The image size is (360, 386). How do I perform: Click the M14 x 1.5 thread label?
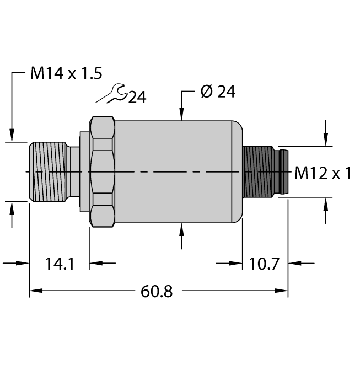click(x=66, y=74)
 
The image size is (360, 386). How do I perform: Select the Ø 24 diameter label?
click(x=218, y=92)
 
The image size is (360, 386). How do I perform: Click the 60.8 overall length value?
click(x=158, y=291)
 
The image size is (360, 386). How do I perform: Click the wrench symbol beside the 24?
click(x=112, y=93)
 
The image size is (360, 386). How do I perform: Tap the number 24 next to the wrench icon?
click(x=137, y=98)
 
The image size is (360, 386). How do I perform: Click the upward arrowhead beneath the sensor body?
click(x=182, y=229)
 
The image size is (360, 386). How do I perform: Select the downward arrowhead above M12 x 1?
click(x=326, y=140)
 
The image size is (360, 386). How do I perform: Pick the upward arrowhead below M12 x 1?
click(x=326, y=203)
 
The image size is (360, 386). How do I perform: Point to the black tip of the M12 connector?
click(x=284, y=172)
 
